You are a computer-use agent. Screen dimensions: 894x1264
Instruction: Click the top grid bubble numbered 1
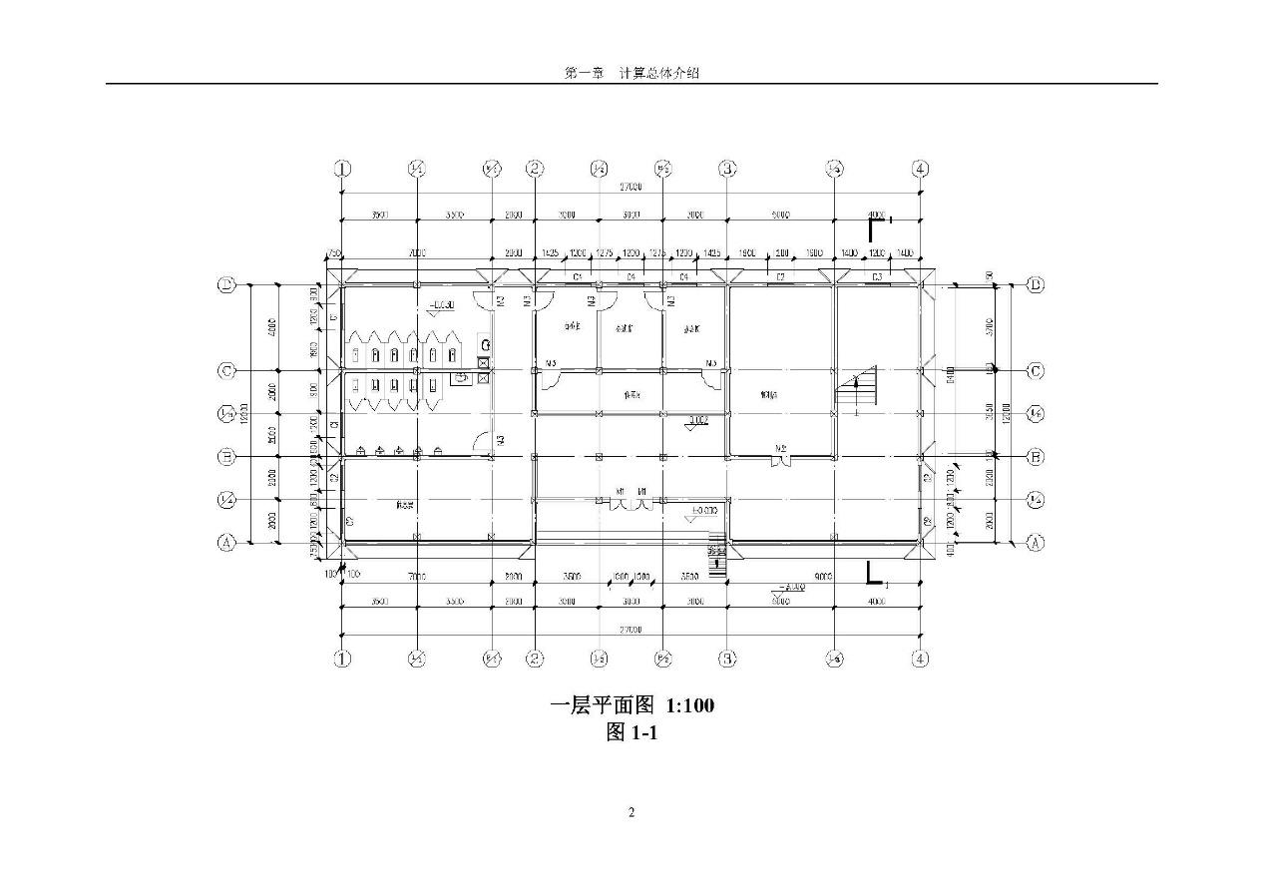[342, 169]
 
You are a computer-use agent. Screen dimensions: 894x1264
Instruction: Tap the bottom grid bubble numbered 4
[921, 659]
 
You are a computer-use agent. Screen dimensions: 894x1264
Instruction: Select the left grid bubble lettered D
[226, 285]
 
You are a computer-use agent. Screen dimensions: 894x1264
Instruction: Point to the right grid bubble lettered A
[1035, 543]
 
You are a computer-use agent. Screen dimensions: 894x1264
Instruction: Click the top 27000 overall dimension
[631, 187]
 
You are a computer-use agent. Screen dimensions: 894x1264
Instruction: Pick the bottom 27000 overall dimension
[631, 630]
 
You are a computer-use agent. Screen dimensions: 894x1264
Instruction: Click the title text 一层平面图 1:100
[632, 705]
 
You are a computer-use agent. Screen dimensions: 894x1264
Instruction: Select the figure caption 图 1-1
[632, 733]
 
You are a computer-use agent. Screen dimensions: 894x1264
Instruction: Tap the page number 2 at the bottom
[632, 812]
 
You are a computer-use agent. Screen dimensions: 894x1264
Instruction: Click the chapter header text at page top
[632, 73]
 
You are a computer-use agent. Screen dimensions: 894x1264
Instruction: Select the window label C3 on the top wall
[877, 275]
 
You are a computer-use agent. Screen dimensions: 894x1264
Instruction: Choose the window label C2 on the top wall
[781, 275]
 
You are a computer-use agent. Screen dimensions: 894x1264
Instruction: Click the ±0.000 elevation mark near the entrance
[704, 511]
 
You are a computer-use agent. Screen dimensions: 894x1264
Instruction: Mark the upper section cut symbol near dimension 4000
[876, 228]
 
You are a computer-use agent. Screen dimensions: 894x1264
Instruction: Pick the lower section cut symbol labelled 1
[874, 574]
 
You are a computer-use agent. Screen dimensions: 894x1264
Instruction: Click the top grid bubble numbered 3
[728, 169]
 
